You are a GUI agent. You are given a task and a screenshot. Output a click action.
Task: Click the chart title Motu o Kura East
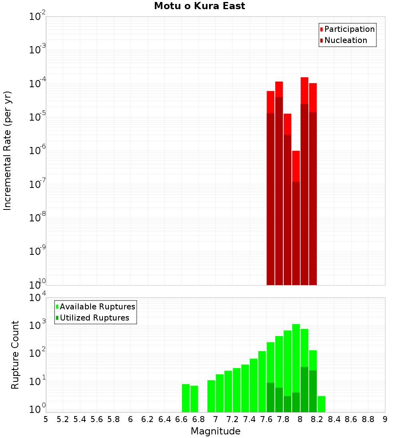point(199,6)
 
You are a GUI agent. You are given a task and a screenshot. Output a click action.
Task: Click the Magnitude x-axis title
point(215,431)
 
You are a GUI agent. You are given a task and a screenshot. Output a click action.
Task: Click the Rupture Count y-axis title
point(15,355)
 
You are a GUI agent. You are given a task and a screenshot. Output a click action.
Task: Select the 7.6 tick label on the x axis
point(266,419)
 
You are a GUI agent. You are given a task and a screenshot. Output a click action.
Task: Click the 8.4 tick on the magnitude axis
point(334,419)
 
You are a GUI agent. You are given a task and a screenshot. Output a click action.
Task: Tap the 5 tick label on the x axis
point(46,419)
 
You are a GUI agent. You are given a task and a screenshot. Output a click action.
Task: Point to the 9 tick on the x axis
point(385,419)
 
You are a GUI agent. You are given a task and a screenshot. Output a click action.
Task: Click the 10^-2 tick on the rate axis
point(38,17)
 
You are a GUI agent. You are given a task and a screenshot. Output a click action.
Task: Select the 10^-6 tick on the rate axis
point(38,151)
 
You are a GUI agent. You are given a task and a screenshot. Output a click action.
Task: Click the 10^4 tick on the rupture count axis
point(38,298)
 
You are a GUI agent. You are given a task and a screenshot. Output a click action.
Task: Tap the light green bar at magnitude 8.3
point(321,404)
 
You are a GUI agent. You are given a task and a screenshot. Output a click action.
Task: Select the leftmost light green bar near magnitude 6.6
point(186,398)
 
